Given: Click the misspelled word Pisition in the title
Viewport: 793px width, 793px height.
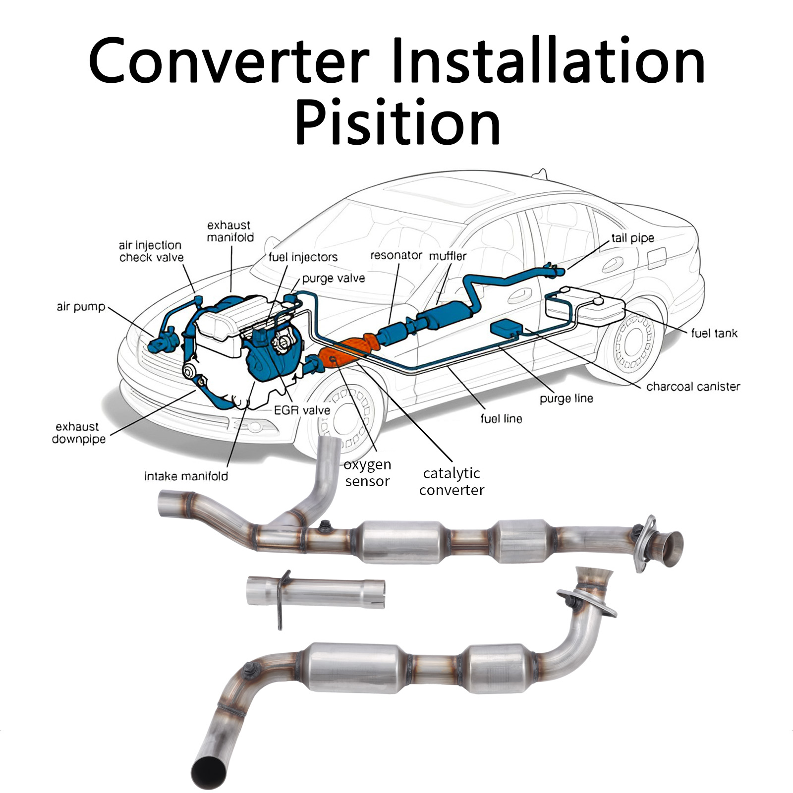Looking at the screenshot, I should tap(397, 122).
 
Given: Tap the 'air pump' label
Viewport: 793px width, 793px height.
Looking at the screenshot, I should tap(81, 307).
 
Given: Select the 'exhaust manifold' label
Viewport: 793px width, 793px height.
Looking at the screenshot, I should tap(230, 231).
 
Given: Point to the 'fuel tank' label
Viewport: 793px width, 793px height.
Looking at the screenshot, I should tap(714, 333).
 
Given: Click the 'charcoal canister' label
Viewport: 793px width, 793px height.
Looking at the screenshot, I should tap(693, 387).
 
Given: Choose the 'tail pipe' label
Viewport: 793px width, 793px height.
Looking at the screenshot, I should tap(632, 238).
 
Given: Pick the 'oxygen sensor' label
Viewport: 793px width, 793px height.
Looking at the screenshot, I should tap(367, 473).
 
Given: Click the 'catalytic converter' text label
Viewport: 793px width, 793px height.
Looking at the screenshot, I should tap(452, 481).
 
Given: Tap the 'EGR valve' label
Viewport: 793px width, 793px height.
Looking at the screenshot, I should tap(302, 410).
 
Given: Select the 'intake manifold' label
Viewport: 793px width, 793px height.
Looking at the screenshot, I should tap(186, 476).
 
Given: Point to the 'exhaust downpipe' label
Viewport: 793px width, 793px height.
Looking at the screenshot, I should tap(79, 433).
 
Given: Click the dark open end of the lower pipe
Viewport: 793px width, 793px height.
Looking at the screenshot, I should tap(209, 773).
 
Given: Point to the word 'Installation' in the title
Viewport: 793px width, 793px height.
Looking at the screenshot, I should tap(548, 62).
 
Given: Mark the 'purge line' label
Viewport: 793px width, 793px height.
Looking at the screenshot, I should tap(566, 398).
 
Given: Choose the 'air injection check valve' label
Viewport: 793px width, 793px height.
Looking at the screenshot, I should tap(151, 251).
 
